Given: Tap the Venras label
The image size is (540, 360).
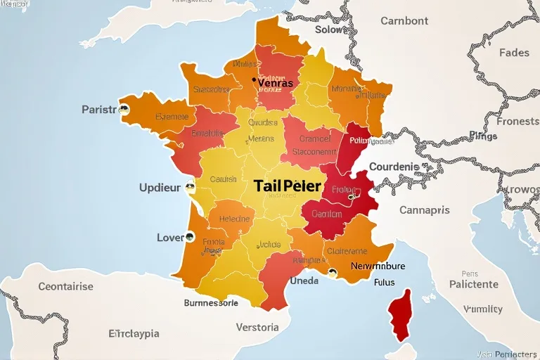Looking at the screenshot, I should [276, 83].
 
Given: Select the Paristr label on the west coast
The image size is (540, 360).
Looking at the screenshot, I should [98, 110].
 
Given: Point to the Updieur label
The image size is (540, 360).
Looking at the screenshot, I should [160, 188].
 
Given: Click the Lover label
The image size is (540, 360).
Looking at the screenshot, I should [170, 238].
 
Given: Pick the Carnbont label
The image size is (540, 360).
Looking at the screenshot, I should [404, 21].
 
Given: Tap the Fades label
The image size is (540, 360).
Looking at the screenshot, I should [514, 53].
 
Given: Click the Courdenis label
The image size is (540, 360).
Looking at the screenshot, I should [394, 167].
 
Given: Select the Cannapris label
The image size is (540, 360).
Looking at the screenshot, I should [425, 210].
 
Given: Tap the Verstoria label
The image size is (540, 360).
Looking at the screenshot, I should [257, 327].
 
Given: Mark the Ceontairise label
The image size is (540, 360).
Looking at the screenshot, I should [65, 286].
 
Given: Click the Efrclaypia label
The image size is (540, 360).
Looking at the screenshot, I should [134, 333].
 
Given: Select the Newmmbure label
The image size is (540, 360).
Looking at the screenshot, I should [378, 266].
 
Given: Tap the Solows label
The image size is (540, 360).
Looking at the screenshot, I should [331, 30].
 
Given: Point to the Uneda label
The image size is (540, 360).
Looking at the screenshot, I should [304, 281].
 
